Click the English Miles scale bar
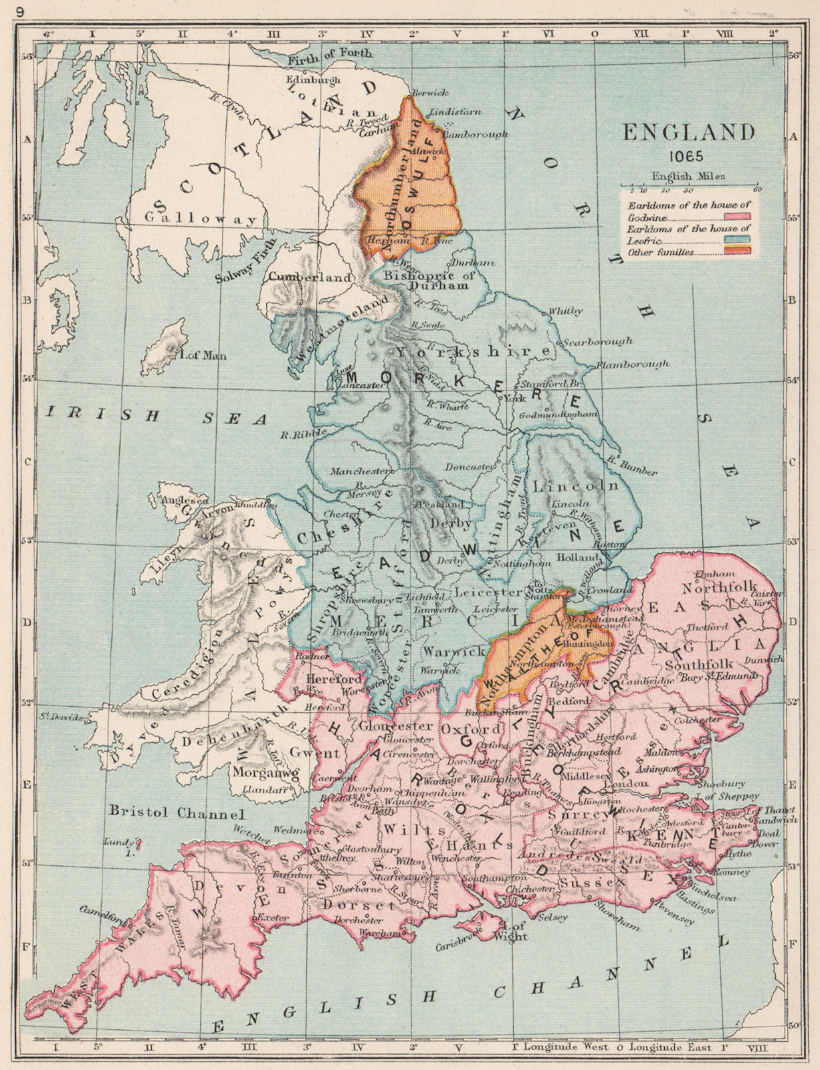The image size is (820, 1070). pos(689,187)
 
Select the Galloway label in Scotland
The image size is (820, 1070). pos(201,219)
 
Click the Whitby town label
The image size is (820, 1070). pos(565,311)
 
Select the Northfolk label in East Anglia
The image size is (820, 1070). pos(712,588)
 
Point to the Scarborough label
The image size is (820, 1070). pos(597,341)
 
